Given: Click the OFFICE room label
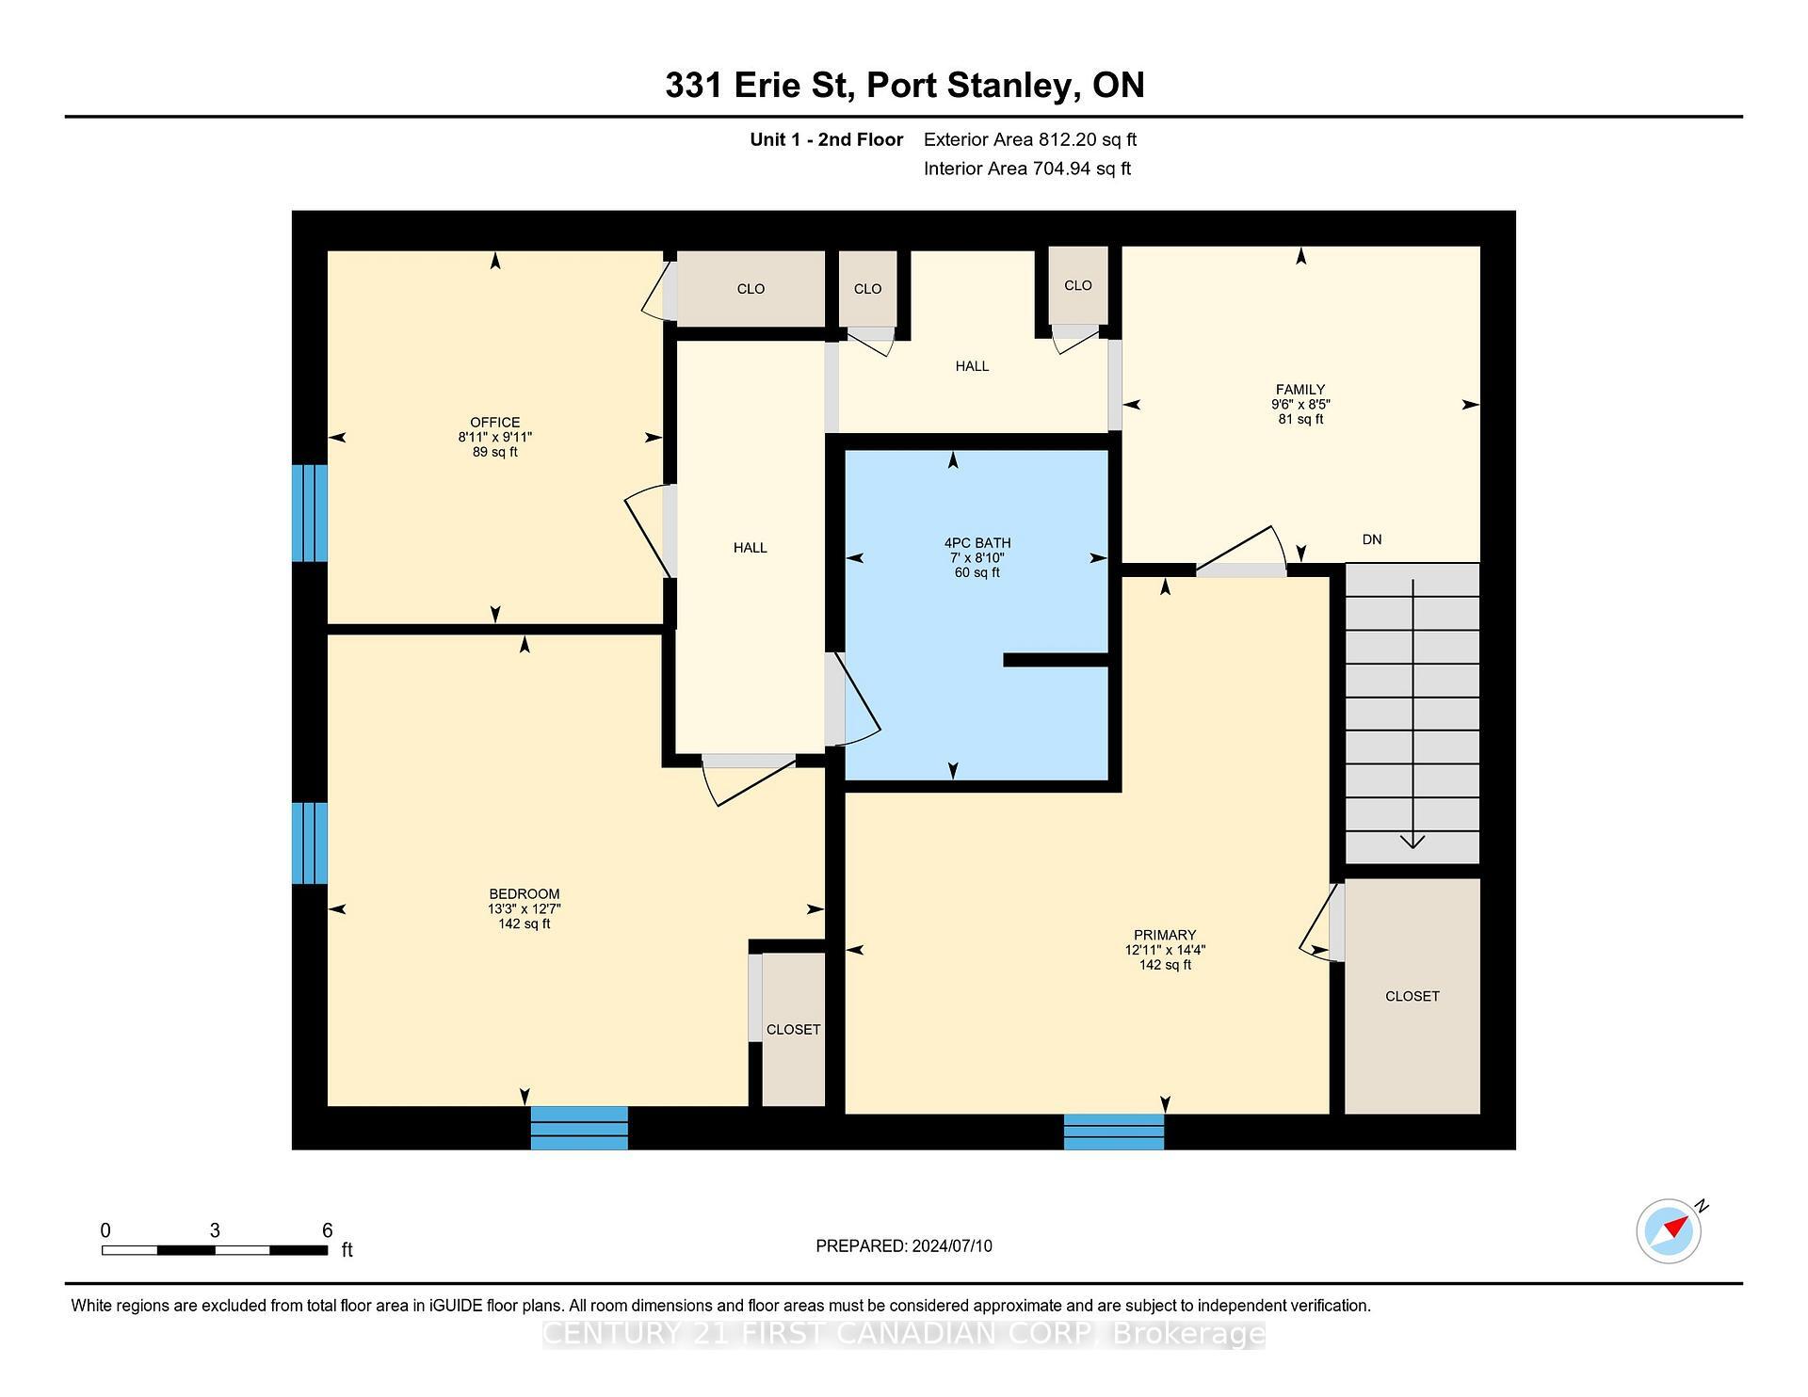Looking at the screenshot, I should [494, 422].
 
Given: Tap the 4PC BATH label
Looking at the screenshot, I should [977, 542].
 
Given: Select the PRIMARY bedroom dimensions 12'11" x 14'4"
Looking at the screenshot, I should [1164, 950].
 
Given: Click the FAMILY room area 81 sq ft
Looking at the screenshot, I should [1299, 419].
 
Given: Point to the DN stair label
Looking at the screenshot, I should [1371, 539].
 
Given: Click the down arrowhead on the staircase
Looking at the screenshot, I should [1412, 841].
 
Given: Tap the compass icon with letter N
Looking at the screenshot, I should [1670, 1230].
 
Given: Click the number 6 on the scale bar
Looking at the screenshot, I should [327, 1229].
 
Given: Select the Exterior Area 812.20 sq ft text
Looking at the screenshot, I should [1029, 139].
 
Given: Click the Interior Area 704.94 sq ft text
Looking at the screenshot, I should [1026, 169].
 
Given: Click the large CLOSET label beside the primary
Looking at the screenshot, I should [1412, 996].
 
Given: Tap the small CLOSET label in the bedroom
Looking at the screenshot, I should [793, 1029].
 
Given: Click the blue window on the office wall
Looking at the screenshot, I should [309, 513].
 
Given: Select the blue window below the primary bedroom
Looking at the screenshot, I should [1113, 1131].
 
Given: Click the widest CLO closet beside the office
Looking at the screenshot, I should [751, 289].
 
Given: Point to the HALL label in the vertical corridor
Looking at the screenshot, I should [750, 547].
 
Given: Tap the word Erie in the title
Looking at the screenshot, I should [768, 85].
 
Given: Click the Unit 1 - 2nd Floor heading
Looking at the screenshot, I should [826, 139].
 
